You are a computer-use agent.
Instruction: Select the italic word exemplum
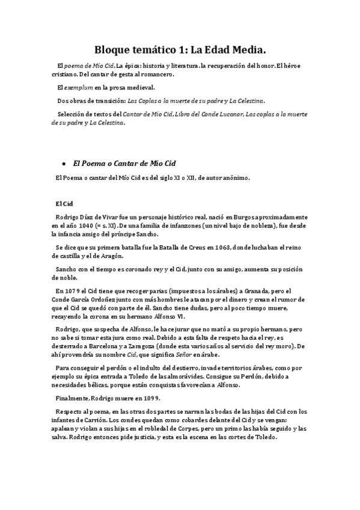coord(77,88)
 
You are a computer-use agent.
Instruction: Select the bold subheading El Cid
coord(63,203)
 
